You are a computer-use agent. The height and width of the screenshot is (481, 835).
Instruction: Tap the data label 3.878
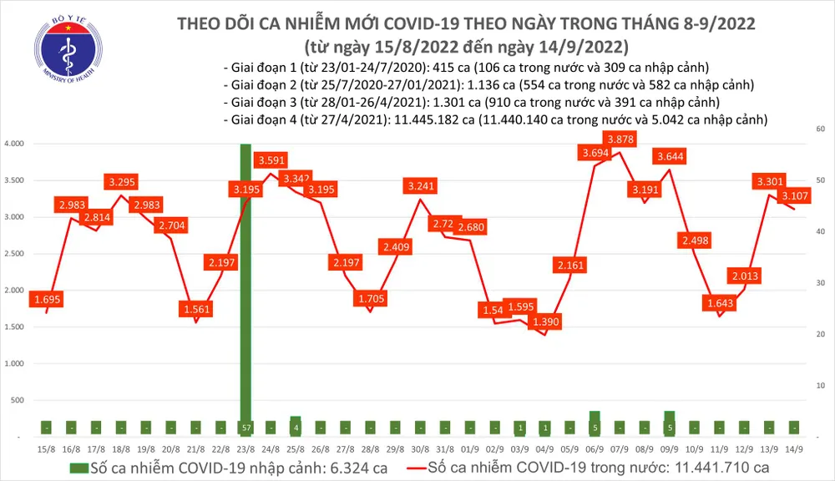[620, 139]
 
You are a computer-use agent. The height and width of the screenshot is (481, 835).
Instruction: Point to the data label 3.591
[272, 159]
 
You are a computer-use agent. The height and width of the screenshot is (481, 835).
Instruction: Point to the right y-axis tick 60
[821, 129]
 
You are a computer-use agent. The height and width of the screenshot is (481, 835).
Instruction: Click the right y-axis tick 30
[821, 284]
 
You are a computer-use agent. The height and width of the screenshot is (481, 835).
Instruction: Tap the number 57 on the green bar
[245, 428]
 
